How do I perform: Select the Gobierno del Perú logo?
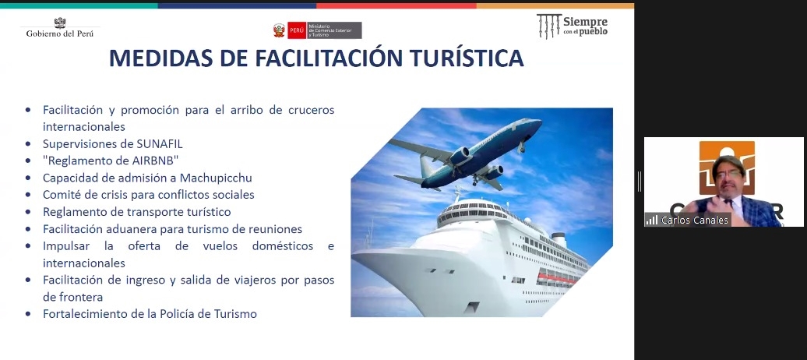coord(60,27)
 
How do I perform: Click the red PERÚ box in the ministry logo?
coord(297,30)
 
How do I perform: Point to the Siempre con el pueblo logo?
coord(572,26)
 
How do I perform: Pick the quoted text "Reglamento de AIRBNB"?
coord(111,161)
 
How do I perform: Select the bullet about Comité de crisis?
coord(148,195)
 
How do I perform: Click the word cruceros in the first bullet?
coord(311,110)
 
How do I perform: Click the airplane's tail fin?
coord(427,167)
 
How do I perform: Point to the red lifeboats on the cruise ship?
coord(557,278)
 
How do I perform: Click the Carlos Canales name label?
coord(695,220)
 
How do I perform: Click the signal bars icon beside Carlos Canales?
coord(652,220)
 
